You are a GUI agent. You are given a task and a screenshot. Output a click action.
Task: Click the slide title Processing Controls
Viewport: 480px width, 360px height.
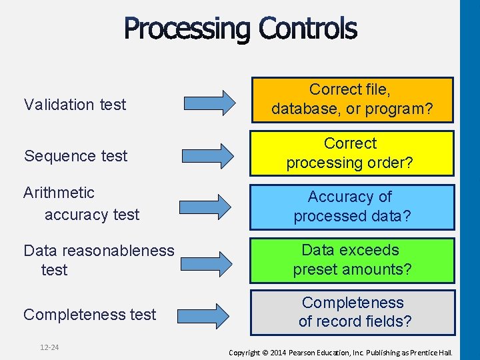pos(240,29)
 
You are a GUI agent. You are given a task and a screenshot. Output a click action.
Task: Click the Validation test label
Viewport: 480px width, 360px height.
pos(75,105)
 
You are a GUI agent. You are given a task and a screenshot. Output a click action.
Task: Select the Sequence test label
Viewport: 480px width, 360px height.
pos(75,156)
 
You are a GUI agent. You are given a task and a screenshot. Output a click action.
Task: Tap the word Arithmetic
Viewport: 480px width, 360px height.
pos(59,193)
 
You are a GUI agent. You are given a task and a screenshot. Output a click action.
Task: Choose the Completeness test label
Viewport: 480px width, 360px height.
pos(89,315)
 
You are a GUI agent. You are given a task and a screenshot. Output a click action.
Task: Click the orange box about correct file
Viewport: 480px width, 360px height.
pos(352,99)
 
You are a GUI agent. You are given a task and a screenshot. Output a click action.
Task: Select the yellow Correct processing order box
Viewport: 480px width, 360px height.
pos(352,153)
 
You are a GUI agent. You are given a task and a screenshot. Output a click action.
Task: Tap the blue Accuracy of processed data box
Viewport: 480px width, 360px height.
pos(352,207)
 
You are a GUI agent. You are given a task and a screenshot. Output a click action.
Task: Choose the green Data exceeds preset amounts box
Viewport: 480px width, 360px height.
pos(352,260)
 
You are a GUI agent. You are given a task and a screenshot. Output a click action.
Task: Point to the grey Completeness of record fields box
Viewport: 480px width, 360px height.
pos(352,312)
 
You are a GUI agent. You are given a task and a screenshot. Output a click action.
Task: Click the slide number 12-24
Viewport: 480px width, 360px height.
pos(49,347)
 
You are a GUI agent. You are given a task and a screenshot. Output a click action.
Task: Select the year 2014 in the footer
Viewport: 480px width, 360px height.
pos(277,352)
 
